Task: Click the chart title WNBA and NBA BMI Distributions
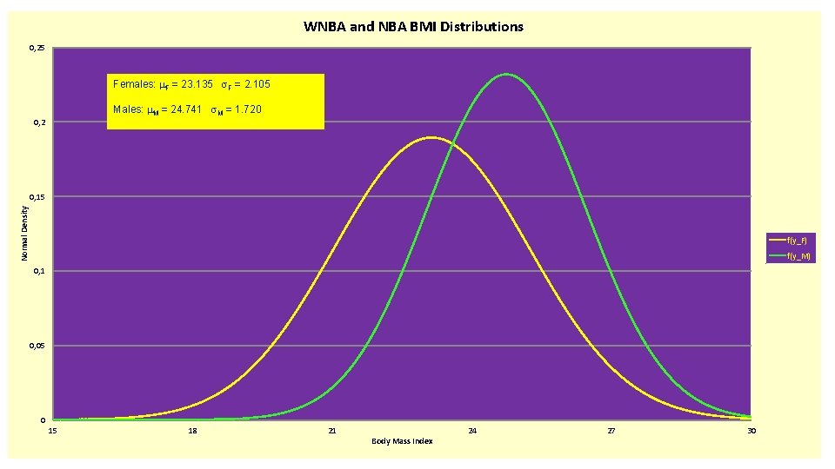(413, 27)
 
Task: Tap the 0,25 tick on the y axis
(37, 49)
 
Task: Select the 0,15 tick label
(37, 198)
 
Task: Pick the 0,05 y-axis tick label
(37, 347)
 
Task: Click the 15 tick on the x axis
(52, 431)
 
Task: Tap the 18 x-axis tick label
(193, 431)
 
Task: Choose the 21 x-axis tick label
(332, 431)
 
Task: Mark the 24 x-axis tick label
(472, 431)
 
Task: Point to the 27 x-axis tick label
(612, 431)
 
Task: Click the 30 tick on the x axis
(752, 431)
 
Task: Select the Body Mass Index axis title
(402, 441)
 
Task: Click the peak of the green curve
(506, 75)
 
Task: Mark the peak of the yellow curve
(431, 137)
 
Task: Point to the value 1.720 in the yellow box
(244, 110)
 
